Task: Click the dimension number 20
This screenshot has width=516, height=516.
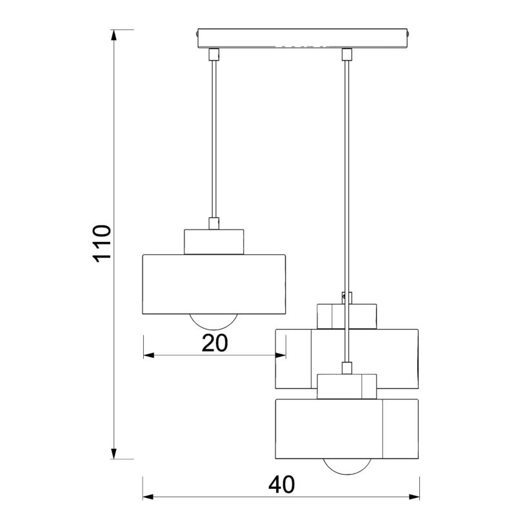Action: (215, 343)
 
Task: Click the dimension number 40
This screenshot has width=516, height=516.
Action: (282, 485)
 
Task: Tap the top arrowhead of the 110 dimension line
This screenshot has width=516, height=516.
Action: (114, 35)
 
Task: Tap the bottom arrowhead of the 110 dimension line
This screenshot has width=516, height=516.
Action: (114, 453)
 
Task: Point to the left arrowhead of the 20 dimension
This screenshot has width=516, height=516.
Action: (149, 355)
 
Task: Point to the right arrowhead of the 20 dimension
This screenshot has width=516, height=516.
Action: (281, 355)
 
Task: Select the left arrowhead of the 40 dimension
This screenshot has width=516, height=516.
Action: (148, 497)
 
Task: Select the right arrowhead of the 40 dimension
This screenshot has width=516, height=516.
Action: (414, 497)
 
